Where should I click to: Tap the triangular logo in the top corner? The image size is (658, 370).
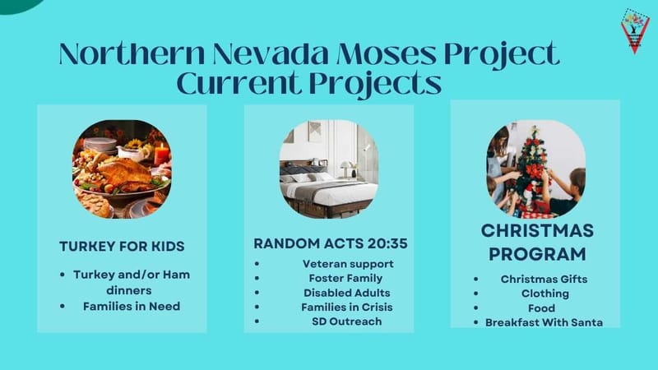(634, 30)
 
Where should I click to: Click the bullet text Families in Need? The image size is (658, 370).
(131, 306)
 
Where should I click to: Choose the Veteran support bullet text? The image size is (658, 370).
(348, 264)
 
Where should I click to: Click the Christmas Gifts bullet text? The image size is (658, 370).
(544, 279)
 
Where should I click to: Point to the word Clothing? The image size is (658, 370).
(544, 294)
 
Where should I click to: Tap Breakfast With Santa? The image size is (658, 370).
(544, 322)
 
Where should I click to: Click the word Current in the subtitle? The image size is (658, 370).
(239, 83)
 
